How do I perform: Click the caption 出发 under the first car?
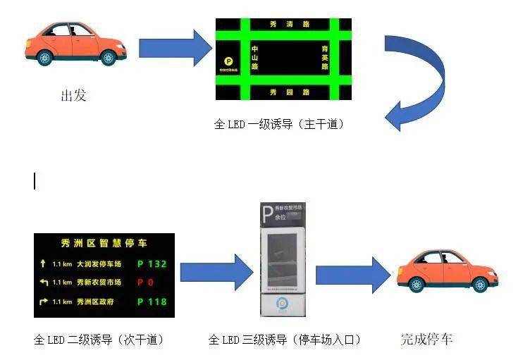pos(73,96)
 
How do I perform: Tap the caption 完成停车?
pos(427,339)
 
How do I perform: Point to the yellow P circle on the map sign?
pos(228,62)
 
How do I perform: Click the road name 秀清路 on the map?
pos(290,25)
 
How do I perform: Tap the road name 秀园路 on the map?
pos(290,92)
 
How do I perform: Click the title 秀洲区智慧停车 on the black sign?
pos(104,244)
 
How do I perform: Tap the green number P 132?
pos(152,264)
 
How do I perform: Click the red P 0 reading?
pos(145,283)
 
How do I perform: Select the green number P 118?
pos(152,302)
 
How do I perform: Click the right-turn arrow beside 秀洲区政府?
pos(43,302)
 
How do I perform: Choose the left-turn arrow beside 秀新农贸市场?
pos(43,283)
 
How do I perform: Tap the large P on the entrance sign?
pos(267,213)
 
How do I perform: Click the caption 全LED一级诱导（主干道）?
pos(279,125)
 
